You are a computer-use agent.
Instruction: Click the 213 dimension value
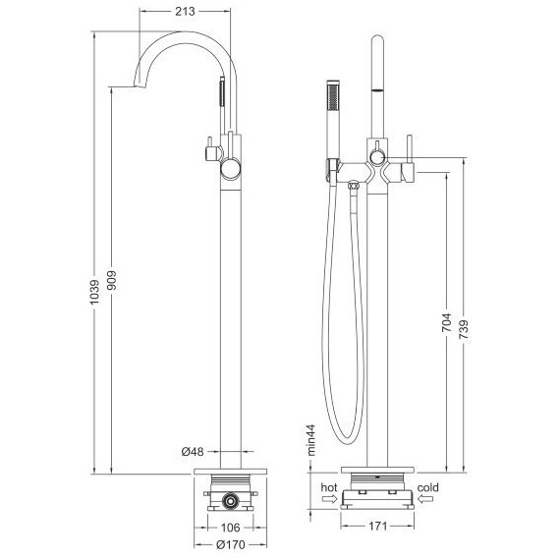[185, 12]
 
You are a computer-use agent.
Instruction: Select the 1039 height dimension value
[95, 292]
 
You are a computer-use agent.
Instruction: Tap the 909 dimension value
[112, 280]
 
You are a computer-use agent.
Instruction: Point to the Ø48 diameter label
[193, 452]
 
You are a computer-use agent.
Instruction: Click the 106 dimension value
[230, 528]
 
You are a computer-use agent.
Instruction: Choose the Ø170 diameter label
[231, 544]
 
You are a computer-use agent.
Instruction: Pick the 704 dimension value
[446, 322]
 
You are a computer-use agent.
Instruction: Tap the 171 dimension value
[377, 526]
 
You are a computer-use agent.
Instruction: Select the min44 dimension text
[311, 440]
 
